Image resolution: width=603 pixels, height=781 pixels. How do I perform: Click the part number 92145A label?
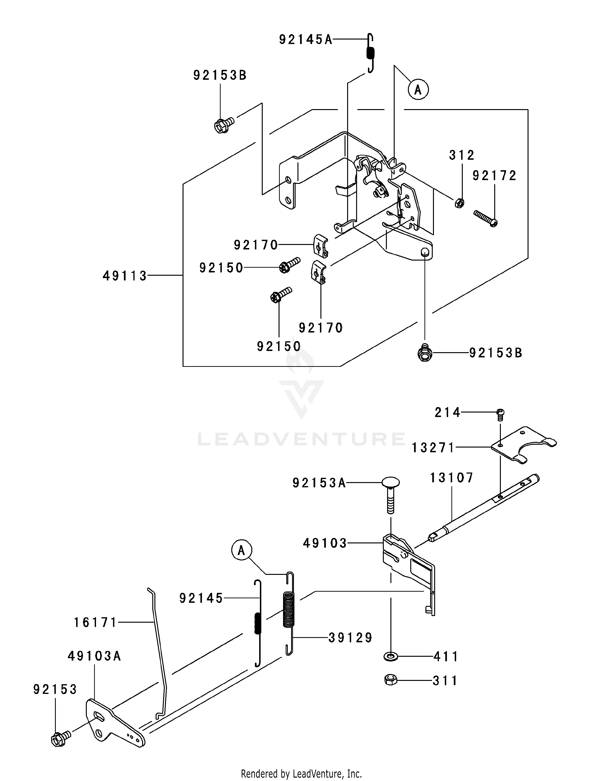[306, 39]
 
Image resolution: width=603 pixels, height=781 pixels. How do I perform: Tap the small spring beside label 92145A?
[371, 53]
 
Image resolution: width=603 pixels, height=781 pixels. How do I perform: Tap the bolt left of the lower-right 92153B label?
[425, 352]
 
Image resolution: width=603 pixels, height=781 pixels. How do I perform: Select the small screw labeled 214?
[500, 414]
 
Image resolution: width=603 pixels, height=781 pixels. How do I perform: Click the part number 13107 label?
[451, 478]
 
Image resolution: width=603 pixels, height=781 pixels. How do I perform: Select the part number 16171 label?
[95, 623]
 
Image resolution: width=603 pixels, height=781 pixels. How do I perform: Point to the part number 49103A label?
[94, 657]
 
